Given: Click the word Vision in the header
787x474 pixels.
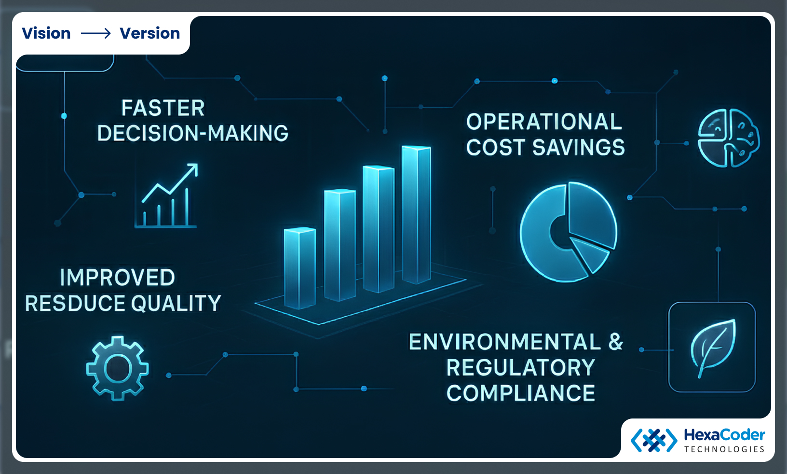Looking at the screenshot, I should [x=46, y=33].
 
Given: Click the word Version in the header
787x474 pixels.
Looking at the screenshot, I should [x=149, y=33].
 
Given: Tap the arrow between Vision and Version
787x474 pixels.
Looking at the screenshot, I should [x=95, y=33].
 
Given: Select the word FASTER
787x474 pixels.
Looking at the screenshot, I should [x=163, y=108].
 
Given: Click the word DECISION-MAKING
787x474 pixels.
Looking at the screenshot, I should [x=193, y=134].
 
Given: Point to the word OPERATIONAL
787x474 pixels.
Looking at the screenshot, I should [x=544, y=122].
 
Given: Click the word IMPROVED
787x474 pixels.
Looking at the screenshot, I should [x=117, y=278].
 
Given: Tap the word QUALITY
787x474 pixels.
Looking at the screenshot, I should [x=176, y=304].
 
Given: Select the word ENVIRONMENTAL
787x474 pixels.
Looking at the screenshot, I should [x=504, y=342].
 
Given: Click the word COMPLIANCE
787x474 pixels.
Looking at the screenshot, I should [x=520, y=393].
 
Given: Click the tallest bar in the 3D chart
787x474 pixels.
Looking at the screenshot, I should [x=416, y=215].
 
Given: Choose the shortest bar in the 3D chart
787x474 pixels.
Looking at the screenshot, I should [x=299, y=268].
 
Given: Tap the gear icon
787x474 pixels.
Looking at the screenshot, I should [x=117, y=368].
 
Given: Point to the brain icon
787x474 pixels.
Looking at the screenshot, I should [x=728, y=138].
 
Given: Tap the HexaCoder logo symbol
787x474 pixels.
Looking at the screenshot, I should [x=654, y=440].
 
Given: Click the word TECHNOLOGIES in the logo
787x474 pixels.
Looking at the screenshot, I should [x=724, y=449].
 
